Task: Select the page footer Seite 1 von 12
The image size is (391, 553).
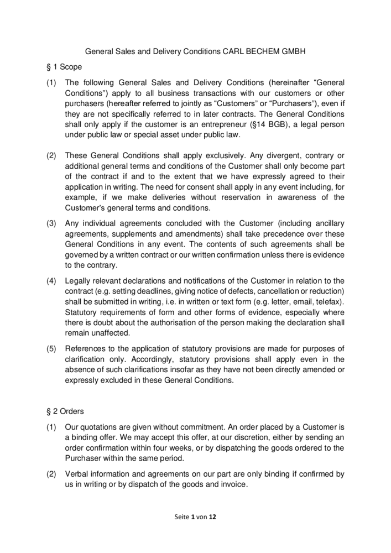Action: pyautogui.click(x=195, y=516)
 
